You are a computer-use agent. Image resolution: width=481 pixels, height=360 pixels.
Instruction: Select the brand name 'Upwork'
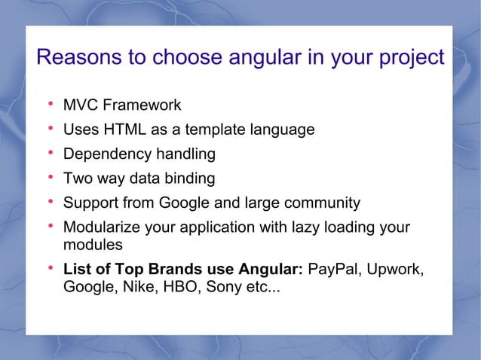397,270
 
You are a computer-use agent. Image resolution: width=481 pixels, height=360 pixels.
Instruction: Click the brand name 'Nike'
136,287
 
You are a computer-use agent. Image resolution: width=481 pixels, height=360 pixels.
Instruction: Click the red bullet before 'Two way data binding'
50,178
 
